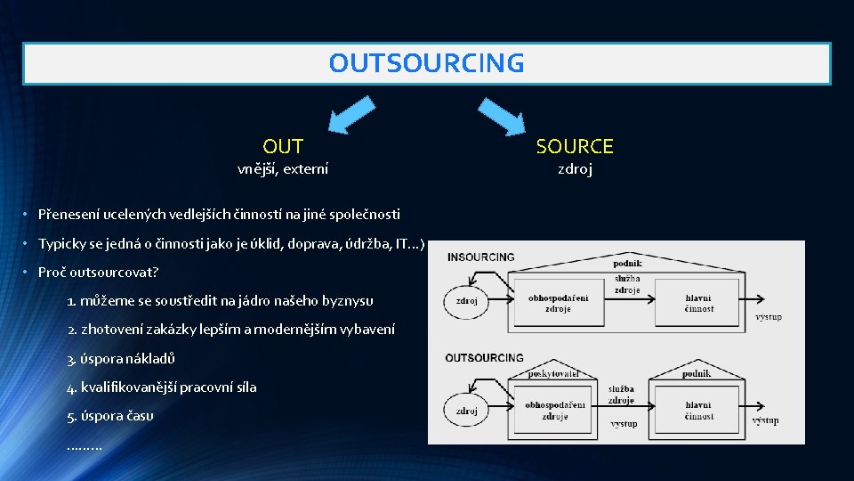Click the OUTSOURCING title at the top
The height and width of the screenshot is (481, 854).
[x=426, y=63]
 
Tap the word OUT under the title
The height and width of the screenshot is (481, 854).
[x=283, y=146]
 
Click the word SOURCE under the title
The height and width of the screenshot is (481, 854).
[x=575, y=146]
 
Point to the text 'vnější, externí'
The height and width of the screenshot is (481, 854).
[x=283, y=168]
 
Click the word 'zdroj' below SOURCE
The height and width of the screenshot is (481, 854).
[x=575, y=168]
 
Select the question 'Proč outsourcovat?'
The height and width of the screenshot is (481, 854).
[x=98, y=272]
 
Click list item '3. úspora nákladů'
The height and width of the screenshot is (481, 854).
[x=121, y=358]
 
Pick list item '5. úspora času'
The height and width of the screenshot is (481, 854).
[x=110, y=415]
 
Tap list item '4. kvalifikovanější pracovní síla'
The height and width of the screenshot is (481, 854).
[x=162, y=387]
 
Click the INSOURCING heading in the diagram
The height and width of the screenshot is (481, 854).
[x=480, y=257]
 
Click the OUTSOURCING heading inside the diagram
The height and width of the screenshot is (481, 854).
[x=484, y=357]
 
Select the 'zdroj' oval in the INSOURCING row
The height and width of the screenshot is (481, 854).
[x=466, y=301]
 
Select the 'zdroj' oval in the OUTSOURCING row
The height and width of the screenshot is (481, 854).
[x=466, y=411]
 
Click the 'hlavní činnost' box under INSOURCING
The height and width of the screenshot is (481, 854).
[x=699, y=303]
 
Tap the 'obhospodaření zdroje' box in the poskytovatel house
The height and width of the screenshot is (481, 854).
[x=555, y=411]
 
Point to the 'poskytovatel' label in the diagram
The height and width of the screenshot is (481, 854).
[x=553, y=373]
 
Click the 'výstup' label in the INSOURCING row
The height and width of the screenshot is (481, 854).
[x=769, y=317]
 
